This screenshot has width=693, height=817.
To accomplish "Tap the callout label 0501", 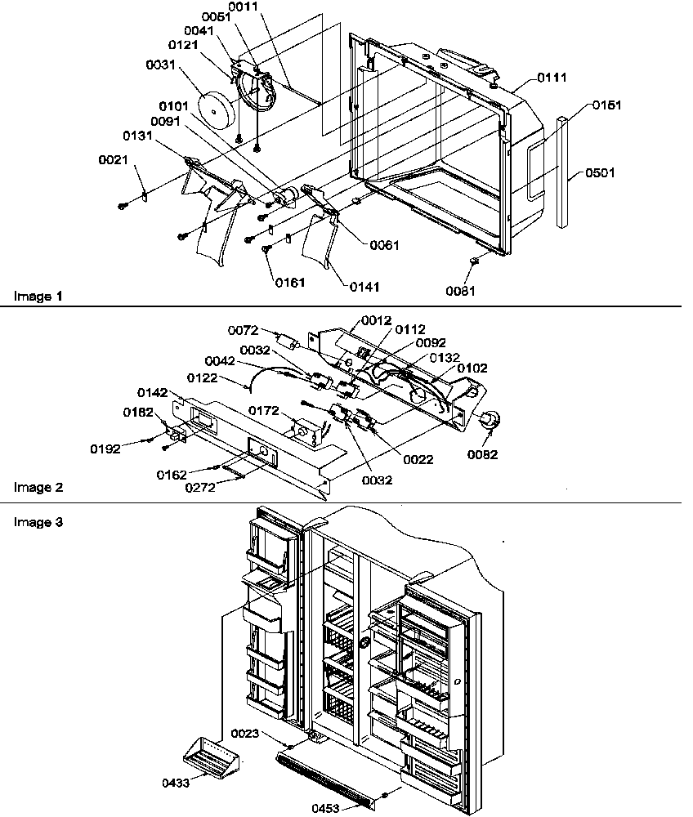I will [599, 173].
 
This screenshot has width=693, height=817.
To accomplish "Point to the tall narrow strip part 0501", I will [562, 172].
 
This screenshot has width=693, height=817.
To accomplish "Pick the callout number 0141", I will [365, 288].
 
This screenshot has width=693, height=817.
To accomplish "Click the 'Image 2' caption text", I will [37, 488].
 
